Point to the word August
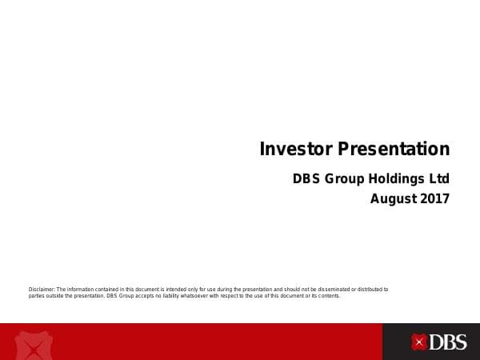(x=393, y=198)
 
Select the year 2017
(x=435, y=198)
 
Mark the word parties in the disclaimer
(x=36, y=295)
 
